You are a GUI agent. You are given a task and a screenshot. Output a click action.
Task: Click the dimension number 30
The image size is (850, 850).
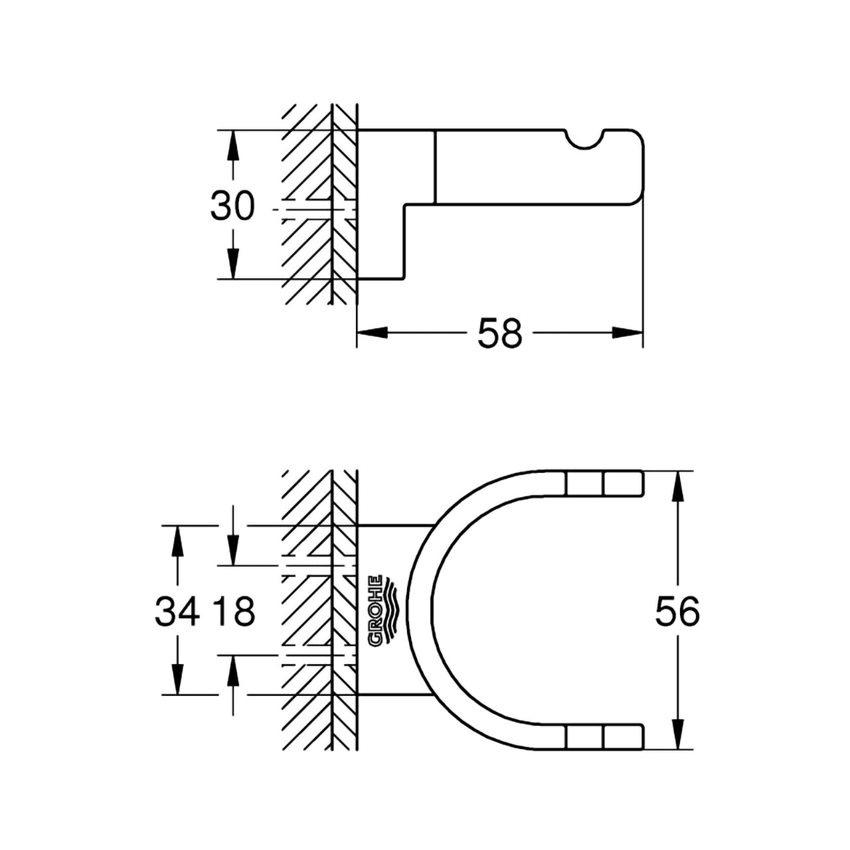tap(232, 206)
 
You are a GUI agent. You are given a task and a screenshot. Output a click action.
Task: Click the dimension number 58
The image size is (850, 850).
tap(500, 333)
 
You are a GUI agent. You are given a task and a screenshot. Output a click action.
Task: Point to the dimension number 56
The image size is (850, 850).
tap(677, 611)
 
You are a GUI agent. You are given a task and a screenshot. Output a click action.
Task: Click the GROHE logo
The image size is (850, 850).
tap(382, 611)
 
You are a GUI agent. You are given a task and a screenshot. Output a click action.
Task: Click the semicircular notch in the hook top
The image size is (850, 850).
tap(584, 137)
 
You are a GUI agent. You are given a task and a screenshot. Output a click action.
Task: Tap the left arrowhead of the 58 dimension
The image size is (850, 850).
tap(372, 333)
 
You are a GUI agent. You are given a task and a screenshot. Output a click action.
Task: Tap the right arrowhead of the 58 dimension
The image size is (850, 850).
tap(628, 333)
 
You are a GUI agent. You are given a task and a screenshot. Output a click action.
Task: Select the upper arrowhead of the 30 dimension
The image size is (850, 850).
tap(232, 146)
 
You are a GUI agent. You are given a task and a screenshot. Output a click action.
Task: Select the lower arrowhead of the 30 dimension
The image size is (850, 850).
tap(232, 264)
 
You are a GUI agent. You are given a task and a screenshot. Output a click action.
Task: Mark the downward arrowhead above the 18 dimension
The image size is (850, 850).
tap(232, 549)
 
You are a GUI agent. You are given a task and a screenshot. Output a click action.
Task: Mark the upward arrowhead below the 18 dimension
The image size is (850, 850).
tap(232, 671)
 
